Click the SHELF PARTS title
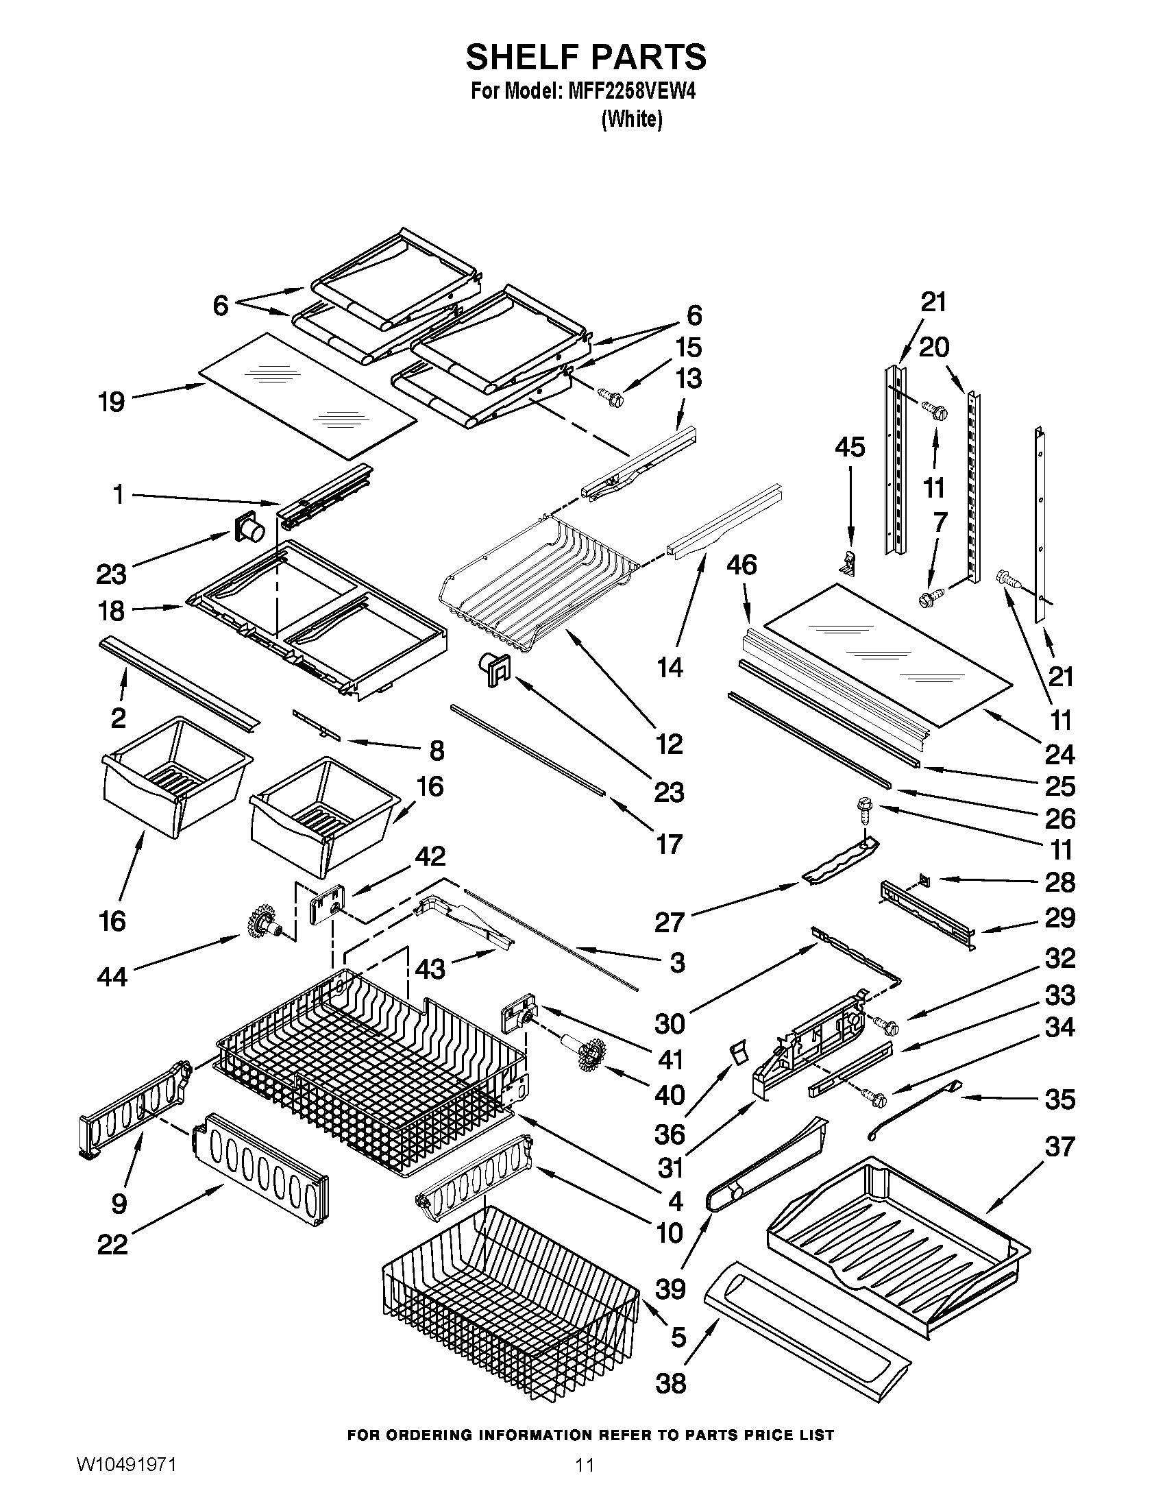point(585,57)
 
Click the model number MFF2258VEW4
point(630,93)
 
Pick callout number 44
point(112,976)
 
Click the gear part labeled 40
point(590,1056)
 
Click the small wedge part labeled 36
point(739,1054)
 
